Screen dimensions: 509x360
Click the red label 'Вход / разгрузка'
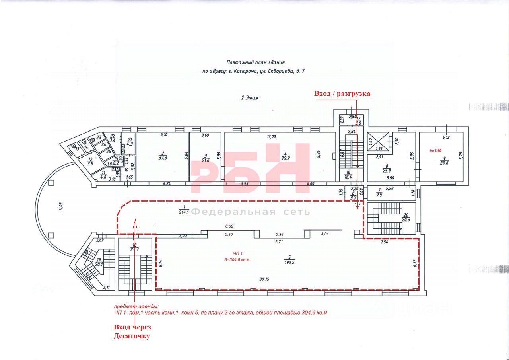click(342, 94)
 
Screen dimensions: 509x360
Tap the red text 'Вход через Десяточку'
click(132, 331)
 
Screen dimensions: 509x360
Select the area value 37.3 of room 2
click(163, 158)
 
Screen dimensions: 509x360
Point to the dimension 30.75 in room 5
click(264, 279)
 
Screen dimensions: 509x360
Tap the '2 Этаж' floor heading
click(250, 97)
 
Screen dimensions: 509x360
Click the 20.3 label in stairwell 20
click(406, 219)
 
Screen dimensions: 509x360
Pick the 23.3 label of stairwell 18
click(134, 249)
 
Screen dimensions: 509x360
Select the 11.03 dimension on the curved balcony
click(60, 206)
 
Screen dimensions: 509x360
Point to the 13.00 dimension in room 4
click(271, 137)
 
